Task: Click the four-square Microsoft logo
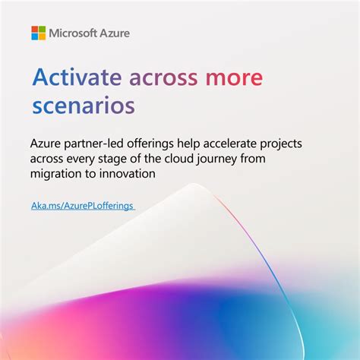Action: pyautogui.click(x=38, y=33)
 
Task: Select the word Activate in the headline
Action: pyautogui.click(x=77, y=77)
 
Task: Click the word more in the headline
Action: pyautogui.click(x=235, y=77)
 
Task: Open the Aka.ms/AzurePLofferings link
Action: pyautogui.click(x=83, y=206)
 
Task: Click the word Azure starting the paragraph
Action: pyautogui.click(x=46, y=144)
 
